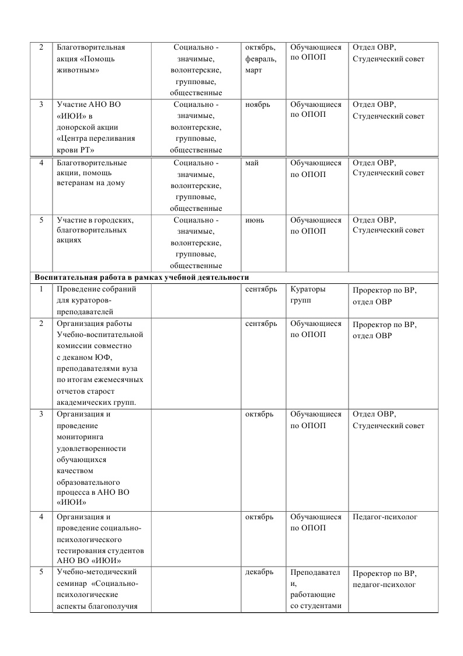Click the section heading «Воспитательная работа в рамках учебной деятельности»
pyautogui.click(x=142, y=277)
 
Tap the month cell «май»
pyautogui.click(x=253, y=163)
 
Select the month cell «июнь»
pyautogui.click(x=255, y=220)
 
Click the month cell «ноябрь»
pyautogui.click(x=257, y=105)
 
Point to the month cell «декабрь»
pyautogui.click(x=259, y=572)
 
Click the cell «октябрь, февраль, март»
pyautogui.click(x=261, y=58)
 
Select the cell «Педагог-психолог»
pyautogui.click(x=386, y=517)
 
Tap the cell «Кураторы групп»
pyautogui.click(x=308, y=295)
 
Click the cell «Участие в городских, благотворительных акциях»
pyautogui.click(x=95, y=230)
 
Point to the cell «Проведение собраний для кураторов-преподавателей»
pyautogui.click(x=96, y=300)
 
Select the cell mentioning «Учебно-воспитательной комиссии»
pyautogui.click(x=99, y=363)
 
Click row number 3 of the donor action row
pyautogui.click(x=41, y=105)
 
